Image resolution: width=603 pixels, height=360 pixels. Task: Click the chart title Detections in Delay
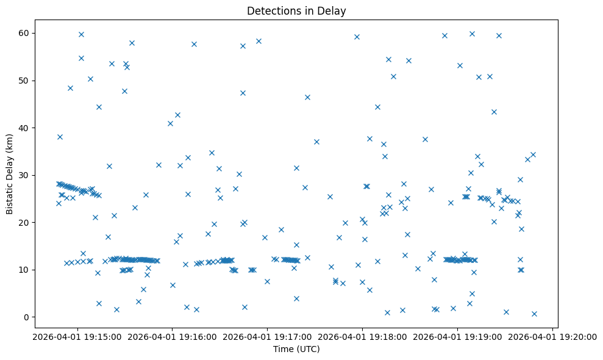pyautogui.click(x=296, y=10)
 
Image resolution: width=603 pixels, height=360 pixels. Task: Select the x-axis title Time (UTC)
pyautogui.click(x=296, y=349)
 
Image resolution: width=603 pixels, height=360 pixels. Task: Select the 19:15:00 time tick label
pyautogui.click(x=76, y=336)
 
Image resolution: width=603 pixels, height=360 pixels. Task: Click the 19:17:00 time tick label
pyautogui.click(x=267, y=336)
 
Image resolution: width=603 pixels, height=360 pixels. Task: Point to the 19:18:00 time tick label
pyautogui.click(x=362, y=336)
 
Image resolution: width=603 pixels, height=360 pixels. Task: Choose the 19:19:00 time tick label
pyautogui.click(x=457, y=336)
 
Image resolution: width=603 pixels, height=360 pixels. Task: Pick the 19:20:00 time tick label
pyautogui.click(x=552, y=336)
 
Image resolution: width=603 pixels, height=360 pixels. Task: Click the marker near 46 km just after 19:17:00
pyautogui.click(x=307, y=97)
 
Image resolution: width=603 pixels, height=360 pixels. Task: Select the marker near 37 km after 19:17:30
pyautogui.click(x=316, y=142)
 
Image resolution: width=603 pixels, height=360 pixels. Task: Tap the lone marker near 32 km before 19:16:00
pyautogui.click(x=159, y=165)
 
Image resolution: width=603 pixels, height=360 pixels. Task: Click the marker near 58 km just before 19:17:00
pyautogui.click(x=259, y=41)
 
